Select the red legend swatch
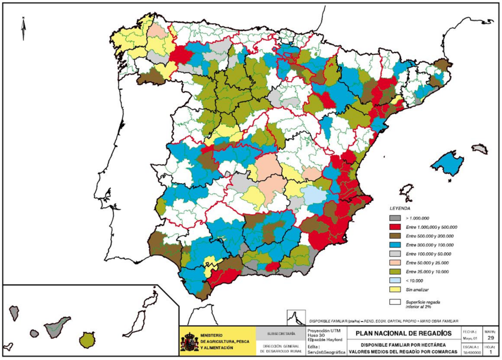(x=395, y=227)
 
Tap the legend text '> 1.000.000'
(x=418, y=218)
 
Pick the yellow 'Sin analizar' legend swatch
(x=395, y=289)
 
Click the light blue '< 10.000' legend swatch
(x=395, y=281)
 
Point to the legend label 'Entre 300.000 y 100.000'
(x=429, y=245)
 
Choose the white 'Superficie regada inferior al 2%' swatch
(x=395, y=302)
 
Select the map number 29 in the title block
(x=491, y=338)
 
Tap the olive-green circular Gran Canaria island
(x=87, y=339)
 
